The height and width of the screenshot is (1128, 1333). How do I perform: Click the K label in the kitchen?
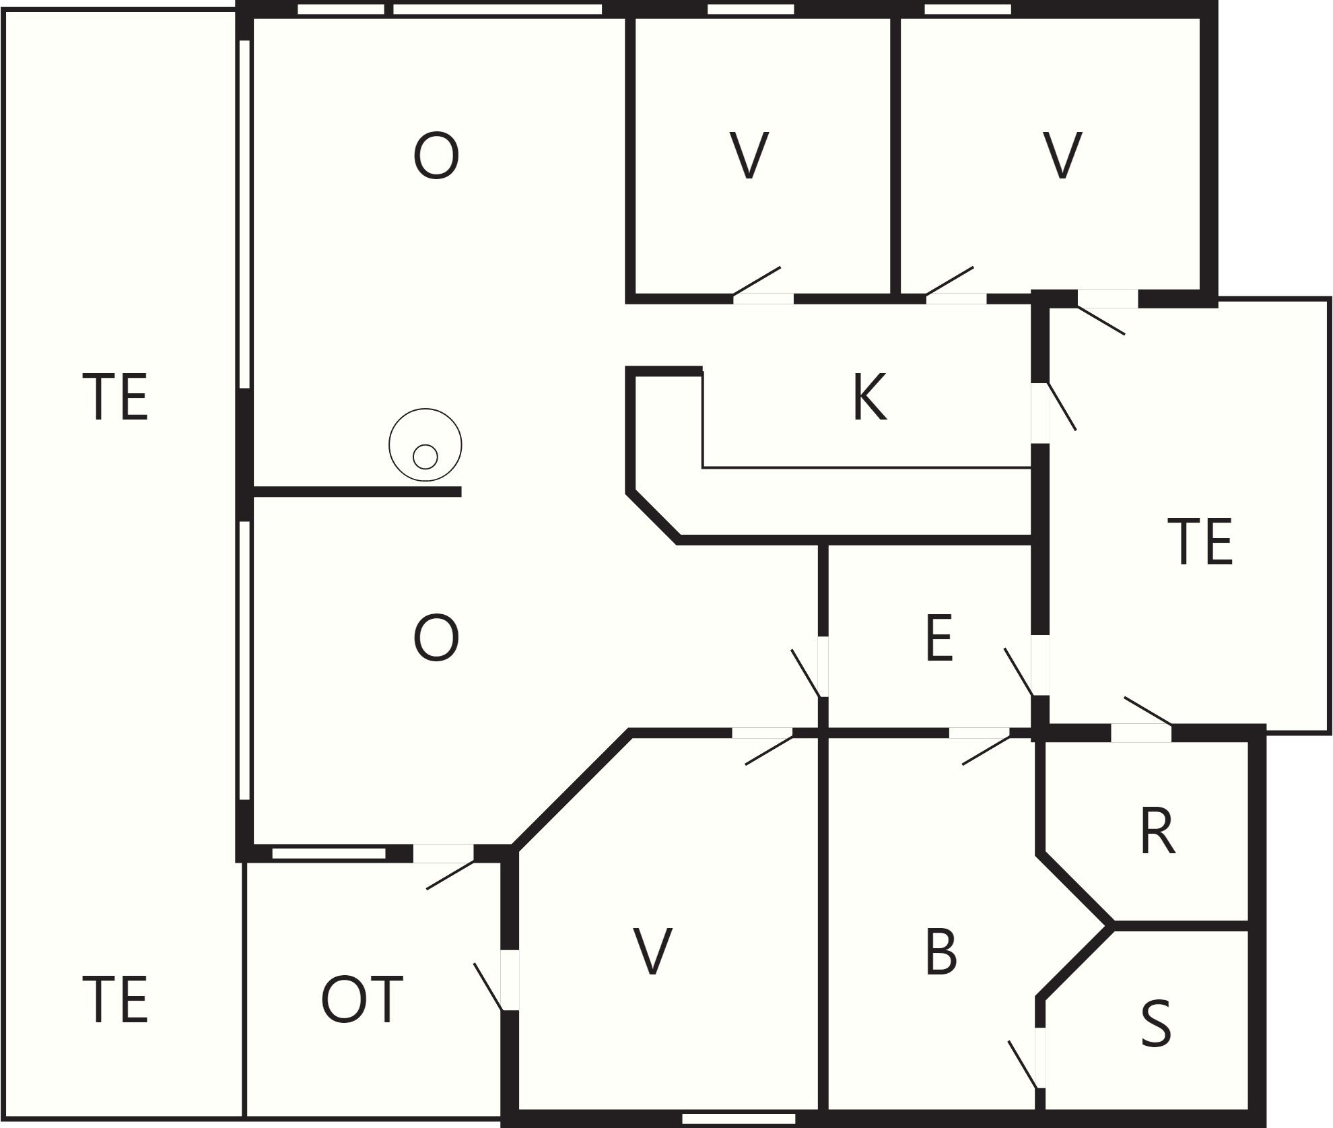869,397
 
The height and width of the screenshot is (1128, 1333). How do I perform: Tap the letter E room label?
939,638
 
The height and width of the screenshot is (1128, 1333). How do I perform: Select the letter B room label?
941,952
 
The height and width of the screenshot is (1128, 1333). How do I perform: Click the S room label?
1156,1024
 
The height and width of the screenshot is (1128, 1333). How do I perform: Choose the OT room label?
362,1000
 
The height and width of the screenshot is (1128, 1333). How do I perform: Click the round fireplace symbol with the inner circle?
425,444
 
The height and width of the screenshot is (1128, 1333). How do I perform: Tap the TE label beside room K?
1200,541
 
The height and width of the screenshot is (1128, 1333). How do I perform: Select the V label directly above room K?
749,156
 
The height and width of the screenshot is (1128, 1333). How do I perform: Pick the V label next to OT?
653,952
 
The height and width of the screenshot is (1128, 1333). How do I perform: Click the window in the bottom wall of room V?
739,1119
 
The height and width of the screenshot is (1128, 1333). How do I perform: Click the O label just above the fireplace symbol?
436,156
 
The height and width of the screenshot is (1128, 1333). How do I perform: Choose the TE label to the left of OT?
115,1000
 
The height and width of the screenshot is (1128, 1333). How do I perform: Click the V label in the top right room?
1062,156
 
